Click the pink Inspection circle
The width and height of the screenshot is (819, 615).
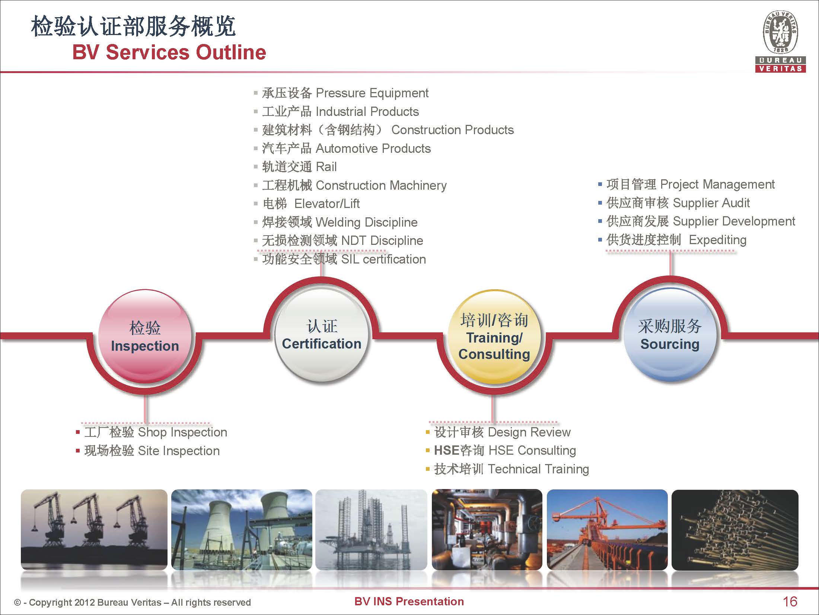click(145, 336)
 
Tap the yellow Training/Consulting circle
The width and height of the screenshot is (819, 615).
click(494, 337)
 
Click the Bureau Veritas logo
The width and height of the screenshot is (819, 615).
click(780, 41)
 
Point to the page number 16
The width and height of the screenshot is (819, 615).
click(790, 601)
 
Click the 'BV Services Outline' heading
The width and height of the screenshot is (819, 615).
click(169, 52)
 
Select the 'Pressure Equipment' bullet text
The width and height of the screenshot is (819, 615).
click(372, 93)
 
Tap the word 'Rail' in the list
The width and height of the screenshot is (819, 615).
click(326, 167)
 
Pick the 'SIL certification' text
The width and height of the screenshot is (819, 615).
click(383, 259)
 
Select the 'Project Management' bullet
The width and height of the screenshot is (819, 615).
click(717, 184)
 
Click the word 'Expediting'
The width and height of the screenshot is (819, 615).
click(718, 240)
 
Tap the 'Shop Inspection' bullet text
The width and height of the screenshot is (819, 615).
click(182, 432)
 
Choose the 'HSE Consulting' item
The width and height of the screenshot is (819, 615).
click(532, 450)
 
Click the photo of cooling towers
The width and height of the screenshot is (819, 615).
click(242, 530)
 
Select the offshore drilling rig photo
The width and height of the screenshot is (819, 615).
click(371, 530)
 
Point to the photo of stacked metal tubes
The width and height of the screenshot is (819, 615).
click(735, 530)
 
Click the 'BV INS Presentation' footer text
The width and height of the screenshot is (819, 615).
click(409, 601)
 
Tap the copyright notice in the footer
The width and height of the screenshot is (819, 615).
click(132, 602)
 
